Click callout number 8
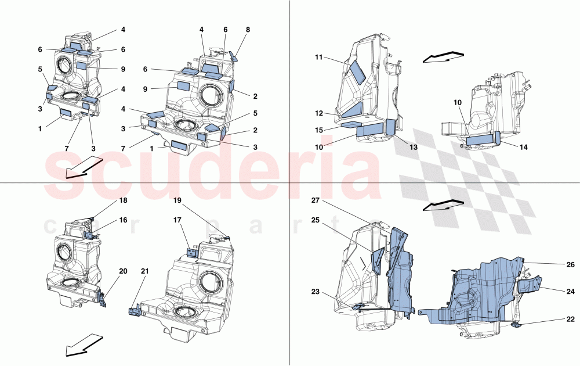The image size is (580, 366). coord(248,28)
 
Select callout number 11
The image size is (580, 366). coord(319,57)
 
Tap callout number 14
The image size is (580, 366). coord(523,148)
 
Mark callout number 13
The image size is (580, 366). coord(413,148)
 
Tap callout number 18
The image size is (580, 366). coord(123,200)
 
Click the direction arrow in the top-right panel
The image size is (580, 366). coord(443,57)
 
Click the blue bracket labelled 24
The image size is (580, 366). coord(529,285)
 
